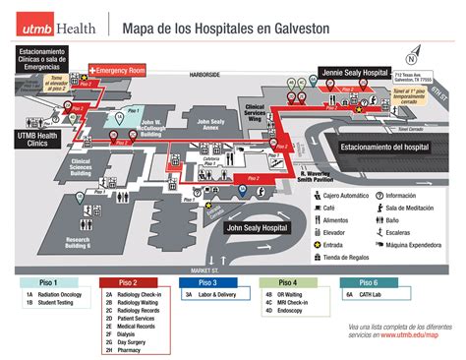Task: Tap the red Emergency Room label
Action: click(119, 71)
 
